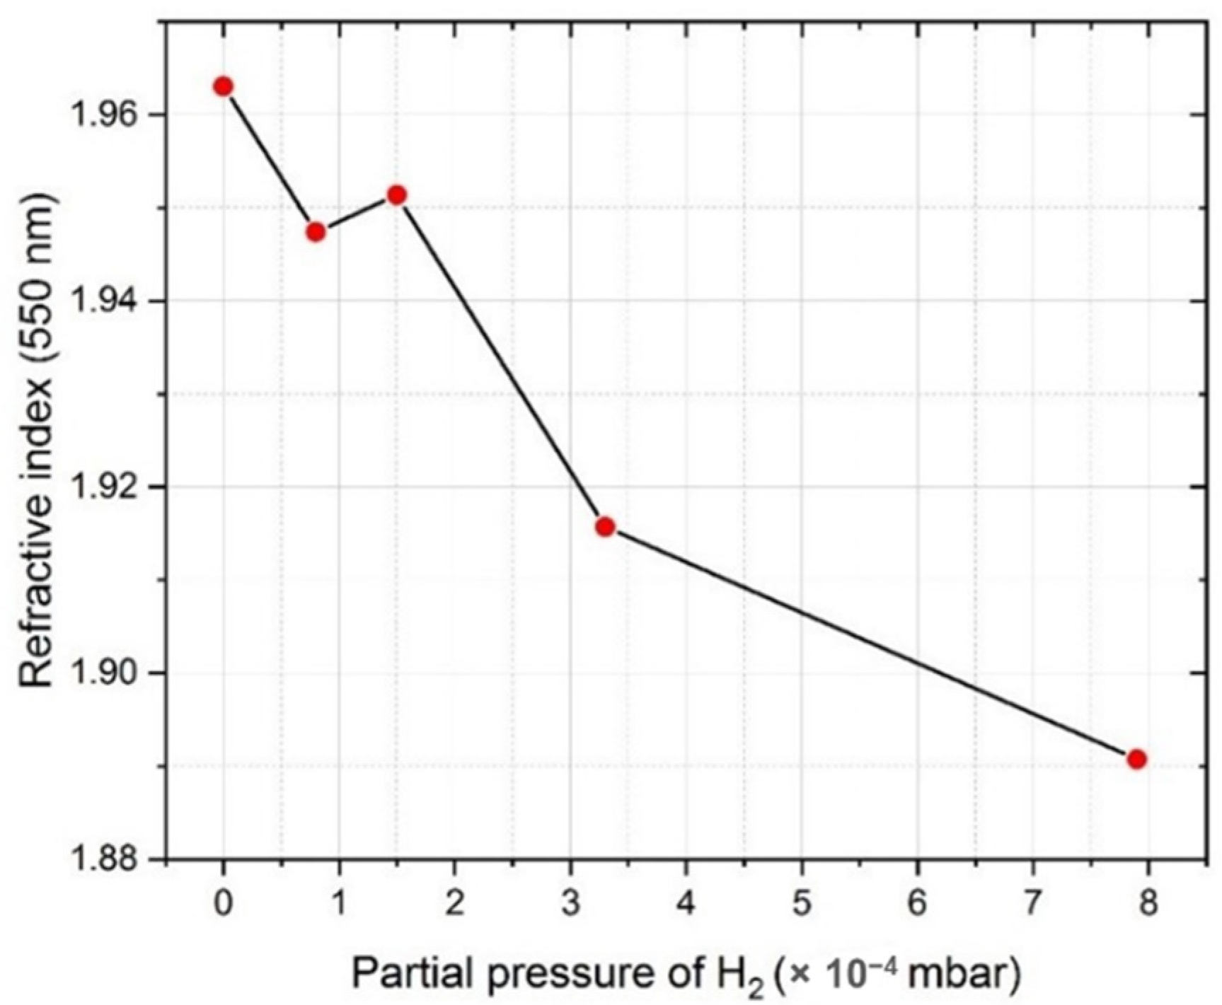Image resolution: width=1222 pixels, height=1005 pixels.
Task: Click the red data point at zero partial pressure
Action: [224, 86]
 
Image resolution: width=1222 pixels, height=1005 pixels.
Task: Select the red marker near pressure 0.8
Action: [316, 232]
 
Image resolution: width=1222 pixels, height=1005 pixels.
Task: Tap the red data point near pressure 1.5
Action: [397, 194]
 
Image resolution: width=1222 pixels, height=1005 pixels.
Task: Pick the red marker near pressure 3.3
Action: [605, 526]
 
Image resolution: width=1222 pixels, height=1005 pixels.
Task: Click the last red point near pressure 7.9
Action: [1136, 760]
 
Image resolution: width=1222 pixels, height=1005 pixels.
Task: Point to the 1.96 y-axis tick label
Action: [105, 115]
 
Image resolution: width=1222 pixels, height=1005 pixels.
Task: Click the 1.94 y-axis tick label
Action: [105, 301]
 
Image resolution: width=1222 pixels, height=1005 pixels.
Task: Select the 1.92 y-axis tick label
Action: [105, 487]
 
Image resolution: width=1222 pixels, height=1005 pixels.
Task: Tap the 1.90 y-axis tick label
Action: [105, 673]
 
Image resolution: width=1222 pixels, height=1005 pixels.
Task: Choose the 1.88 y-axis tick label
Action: [105, 859]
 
